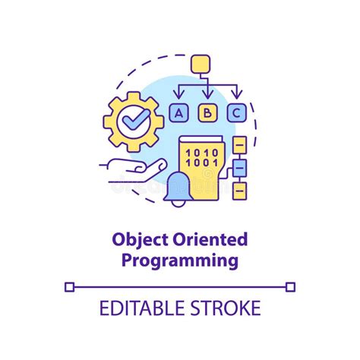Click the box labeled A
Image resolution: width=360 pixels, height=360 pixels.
point(179,113)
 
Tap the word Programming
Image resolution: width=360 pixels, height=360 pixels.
point(180,262)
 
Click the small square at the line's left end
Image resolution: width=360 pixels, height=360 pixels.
point(70,286)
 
